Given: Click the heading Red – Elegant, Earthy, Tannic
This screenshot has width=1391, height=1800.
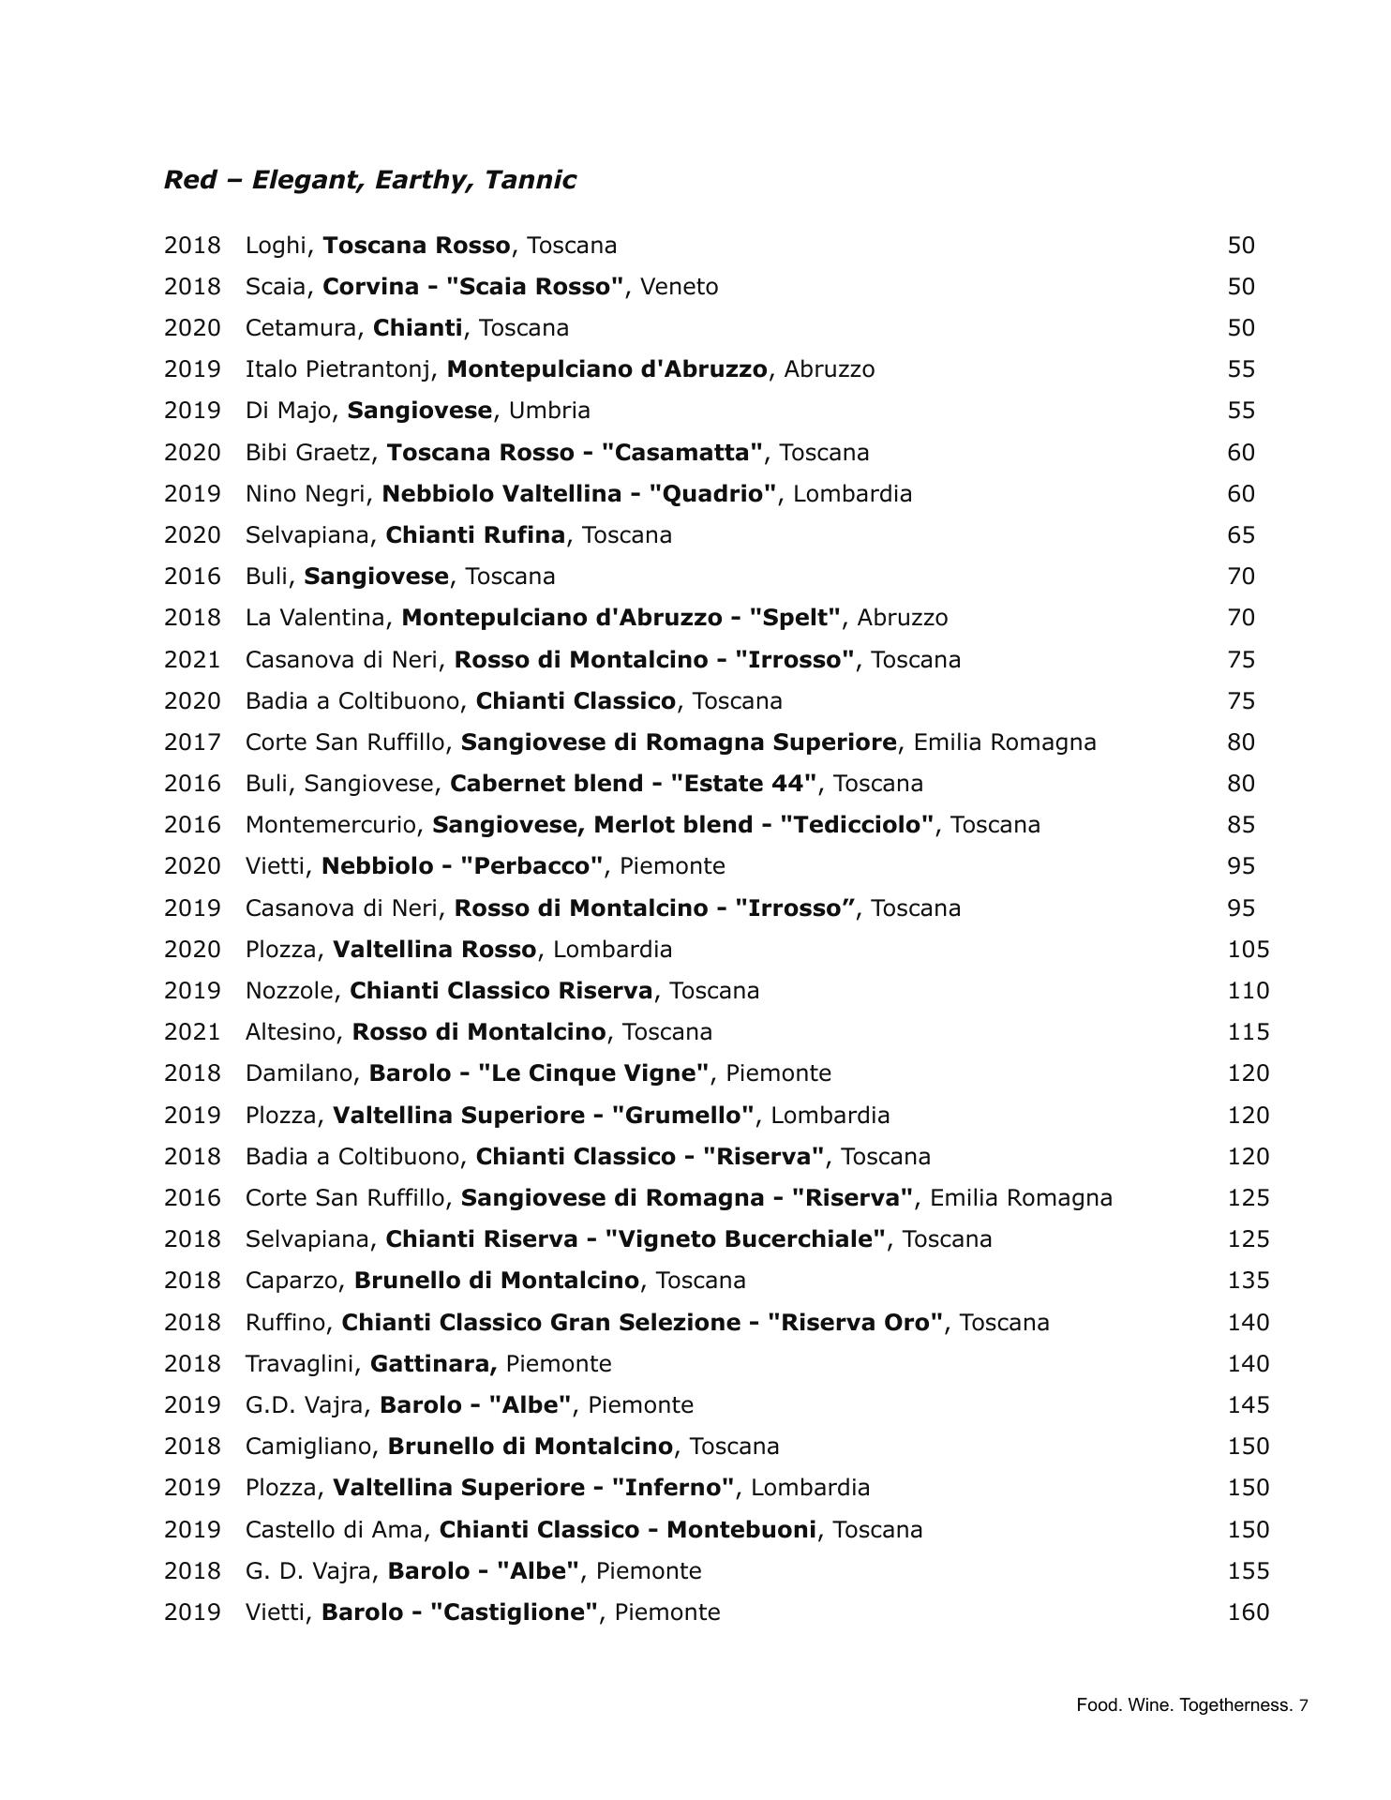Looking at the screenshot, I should (369, 180).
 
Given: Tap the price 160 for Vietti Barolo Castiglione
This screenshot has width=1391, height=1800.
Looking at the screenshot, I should (1249, 1612).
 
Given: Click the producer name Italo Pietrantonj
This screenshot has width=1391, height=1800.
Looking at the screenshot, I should (341, 369).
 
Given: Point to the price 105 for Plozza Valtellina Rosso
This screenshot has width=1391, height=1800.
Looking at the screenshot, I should (1249, 949).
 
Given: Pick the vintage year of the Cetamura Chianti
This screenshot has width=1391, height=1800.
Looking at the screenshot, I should (192, 328).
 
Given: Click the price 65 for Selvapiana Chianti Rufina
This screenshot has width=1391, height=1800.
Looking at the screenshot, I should (1241, 535).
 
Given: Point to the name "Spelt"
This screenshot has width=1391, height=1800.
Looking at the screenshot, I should (795, 618).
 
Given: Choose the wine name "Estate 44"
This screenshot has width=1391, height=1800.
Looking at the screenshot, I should (744, 784).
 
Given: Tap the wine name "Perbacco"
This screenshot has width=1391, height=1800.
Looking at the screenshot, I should (531, 866).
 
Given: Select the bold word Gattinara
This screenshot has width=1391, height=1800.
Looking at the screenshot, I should (432, 1364).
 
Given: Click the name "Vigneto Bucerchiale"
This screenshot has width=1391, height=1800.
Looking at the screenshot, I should (745, 1239).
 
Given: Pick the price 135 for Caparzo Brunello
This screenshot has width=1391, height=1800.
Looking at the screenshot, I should (1249, 1281).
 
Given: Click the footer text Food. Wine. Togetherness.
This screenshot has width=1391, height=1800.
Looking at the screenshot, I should (1185, 1705).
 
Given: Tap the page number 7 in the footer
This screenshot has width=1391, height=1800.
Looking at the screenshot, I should (1304, 1705).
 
